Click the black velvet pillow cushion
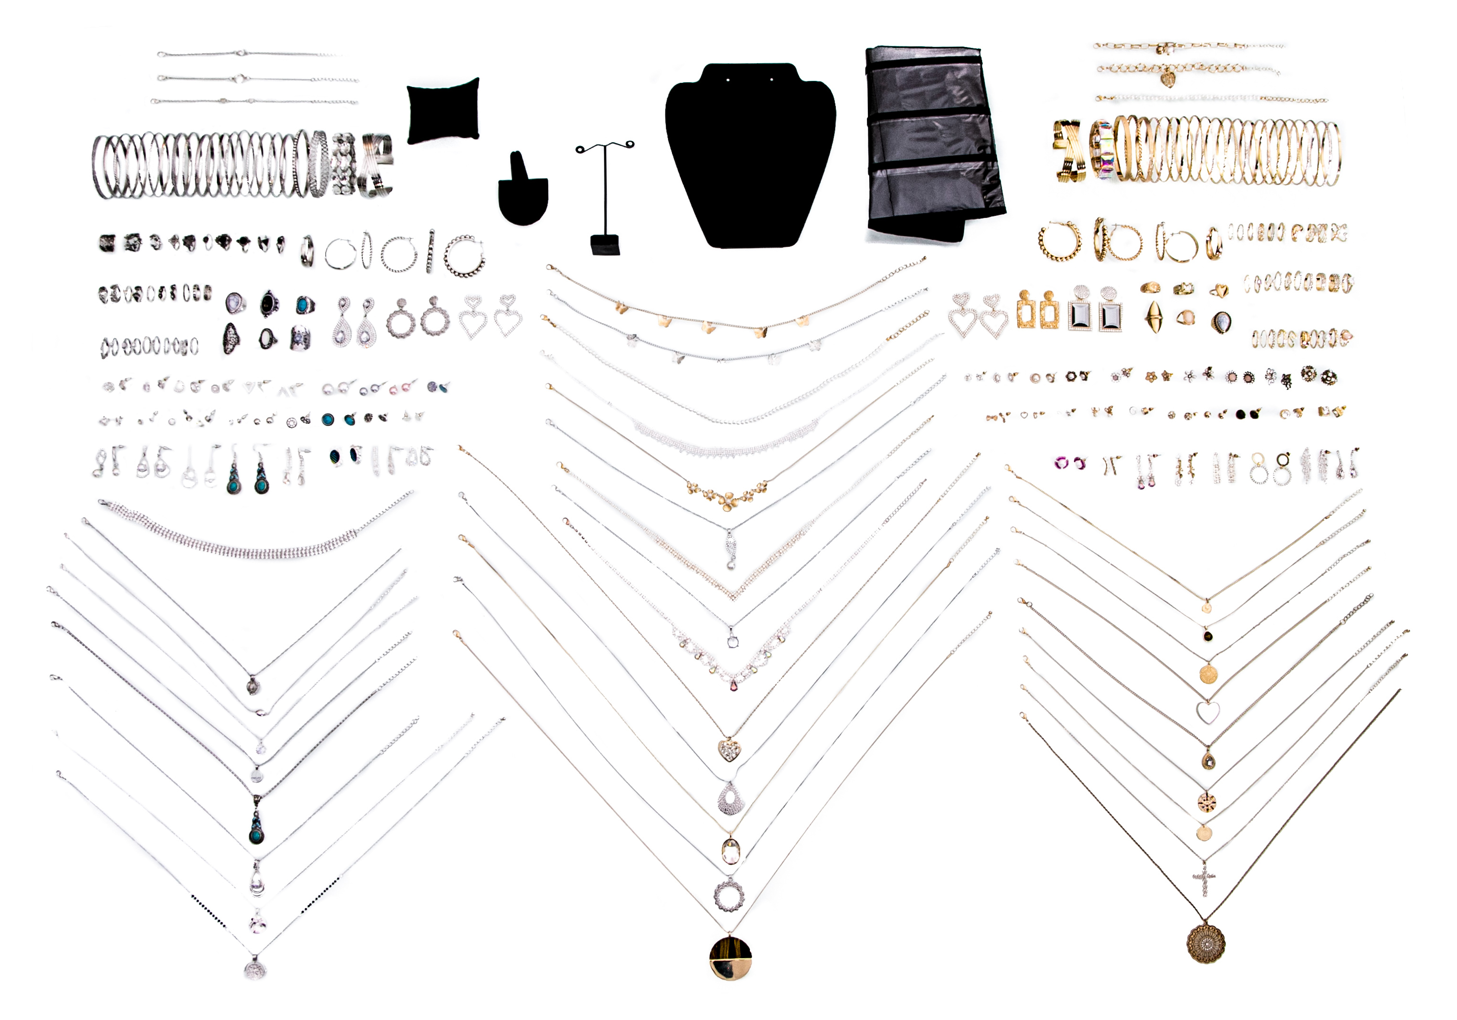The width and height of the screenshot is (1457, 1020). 442,112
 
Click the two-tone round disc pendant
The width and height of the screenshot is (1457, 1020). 730,957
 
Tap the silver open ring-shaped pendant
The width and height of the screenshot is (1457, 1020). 729,895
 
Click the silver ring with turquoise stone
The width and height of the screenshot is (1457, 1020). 305,305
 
